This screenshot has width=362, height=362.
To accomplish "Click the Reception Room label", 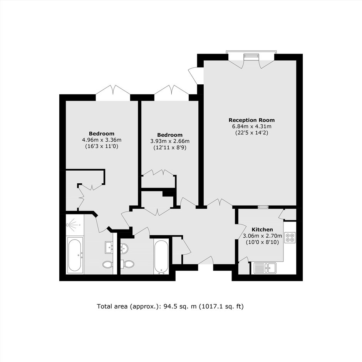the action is point(251,120).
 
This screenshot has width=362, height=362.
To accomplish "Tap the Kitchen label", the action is point(262,230).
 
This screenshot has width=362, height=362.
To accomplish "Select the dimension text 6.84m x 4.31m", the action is point(251,126).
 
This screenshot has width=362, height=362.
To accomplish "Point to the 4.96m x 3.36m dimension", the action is point(102,140).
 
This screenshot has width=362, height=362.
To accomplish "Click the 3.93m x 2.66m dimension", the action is point(170,141).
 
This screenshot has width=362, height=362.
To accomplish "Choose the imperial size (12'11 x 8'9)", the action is point(170,147).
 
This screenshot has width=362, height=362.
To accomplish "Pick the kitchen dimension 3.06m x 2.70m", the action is point(262,236).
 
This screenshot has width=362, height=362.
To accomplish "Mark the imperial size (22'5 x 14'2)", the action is point(251,133).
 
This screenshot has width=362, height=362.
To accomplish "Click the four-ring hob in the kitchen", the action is point(290,238).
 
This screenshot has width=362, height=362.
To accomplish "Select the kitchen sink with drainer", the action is point(265,268).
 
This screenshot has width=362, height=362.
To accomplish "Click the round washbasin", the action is point(124,248).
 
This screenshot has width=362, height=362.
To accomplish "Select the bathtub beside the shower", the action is point(75,255).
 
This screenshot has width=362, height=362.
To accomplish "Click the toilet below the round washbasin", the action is point(127,264).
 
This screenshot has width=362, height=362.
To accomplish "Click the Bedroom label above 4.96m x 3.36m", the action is point(102,134).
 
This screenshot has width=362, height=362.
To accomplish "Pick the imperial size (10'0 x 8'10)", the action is point(262,242).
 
